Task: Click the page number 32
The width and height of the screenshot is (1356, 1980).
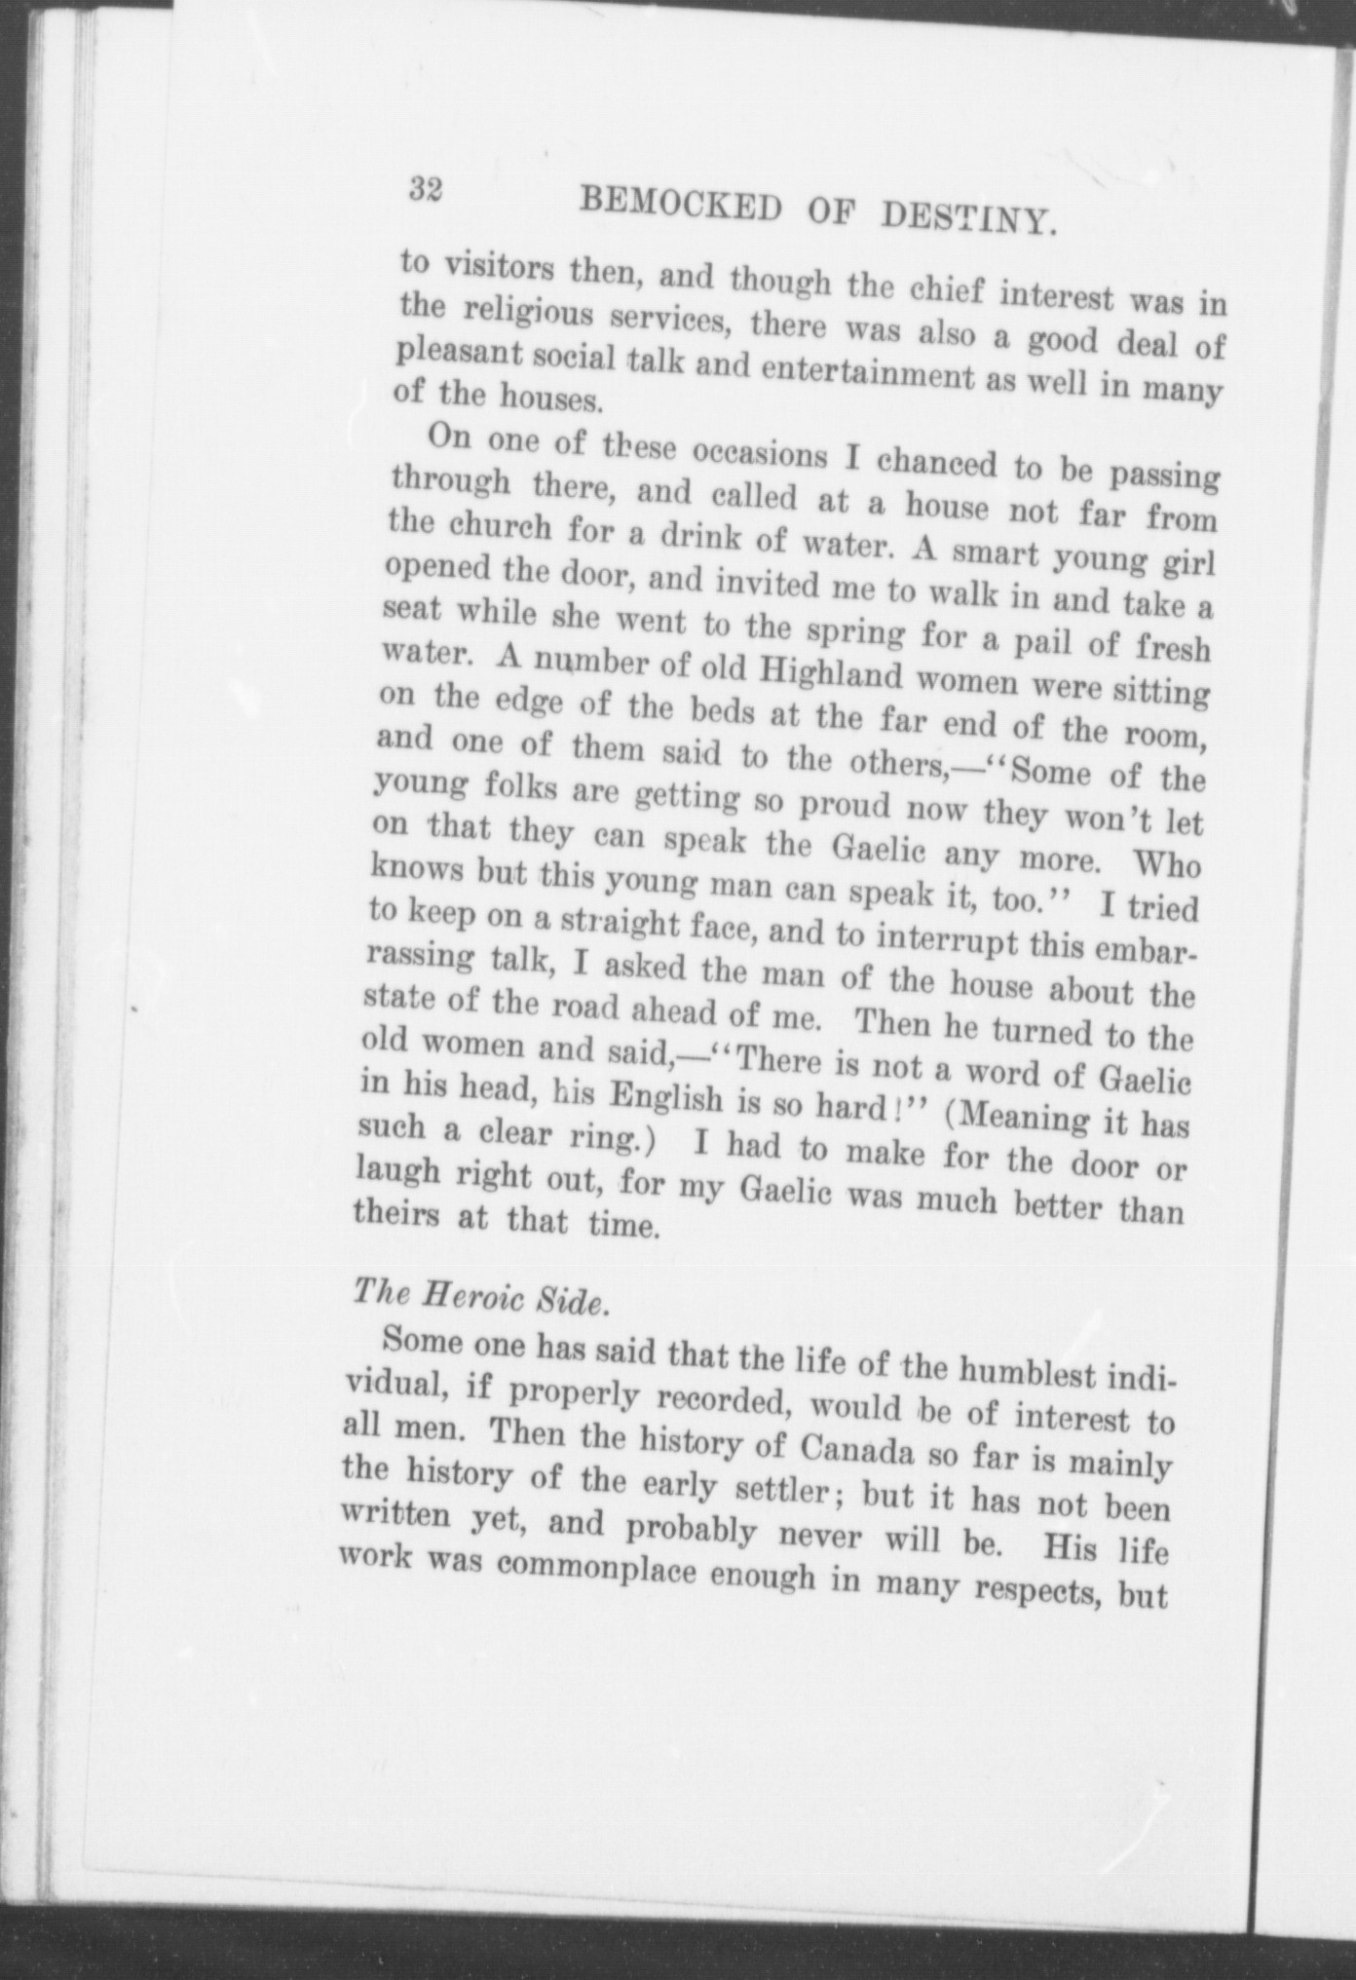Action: coord(426,189)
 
